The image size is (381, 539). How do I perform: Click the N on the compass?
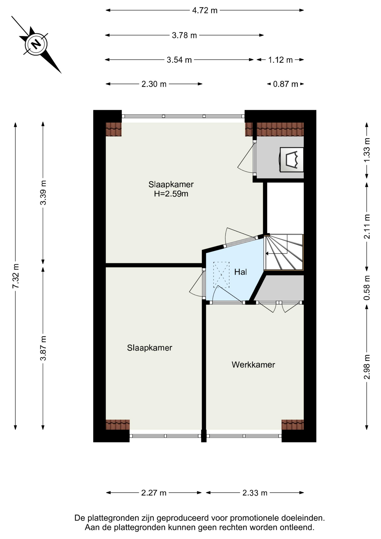(36, 44)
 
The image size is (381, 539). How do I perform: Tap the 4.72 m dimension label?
(205, 10)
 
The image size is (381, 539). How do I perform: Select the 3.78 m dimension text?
(184, 35)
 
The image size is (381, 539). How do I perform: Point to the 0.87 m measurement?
(286, 84)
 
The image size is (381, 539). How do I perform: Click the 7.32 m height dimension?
(15, 276)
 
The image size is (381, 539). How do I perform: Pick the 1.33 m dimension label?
(367, 150)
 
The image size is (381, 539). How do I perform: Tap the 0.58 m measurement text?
(367, 287)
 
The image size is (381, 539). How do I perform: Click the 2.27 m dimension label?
(154, 493)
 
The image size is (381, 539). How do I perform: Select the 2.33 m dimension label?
(255, 493)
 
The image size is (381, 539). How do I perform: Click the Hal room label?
(241, 272)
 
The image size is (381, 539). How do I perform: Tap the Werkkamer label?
(253, 365)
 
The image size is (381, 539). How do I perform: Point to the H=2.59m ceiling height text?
(171, 194)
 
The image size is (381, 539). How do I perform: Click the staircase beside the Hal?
(284, 252)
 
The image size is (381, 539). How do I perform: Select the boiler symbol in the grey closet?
(292, 160)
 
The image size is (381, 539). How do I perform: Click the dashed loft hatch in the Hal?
(221, 275)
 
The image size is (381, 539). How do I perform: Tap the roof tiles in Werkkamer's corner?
(293, 425)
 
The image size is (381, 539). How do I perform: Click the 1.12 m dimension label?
(280, 60)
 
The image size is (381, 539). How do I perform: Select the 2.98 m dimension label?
(367, 367)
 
